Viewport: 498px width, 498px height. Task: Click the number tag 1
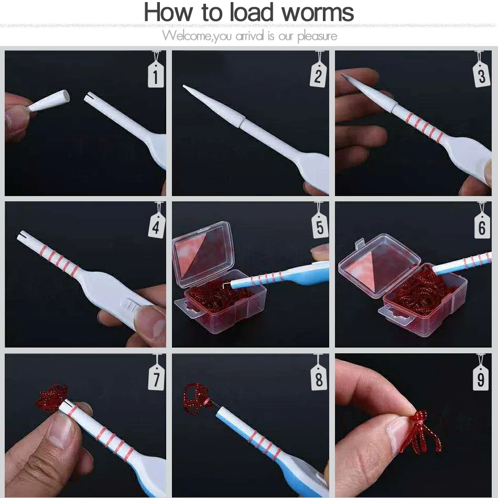point(156,74)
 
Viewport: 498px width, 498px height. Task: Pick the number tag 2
point(318,74)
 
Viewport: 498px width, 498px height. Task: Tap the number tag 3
point(481,74)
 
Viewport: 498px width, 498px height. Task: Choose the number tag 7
point(156,377)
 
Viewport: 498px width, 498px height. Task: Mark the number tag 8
point(319,377)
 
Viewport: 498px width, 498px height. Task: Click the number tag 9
point(481,377)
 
